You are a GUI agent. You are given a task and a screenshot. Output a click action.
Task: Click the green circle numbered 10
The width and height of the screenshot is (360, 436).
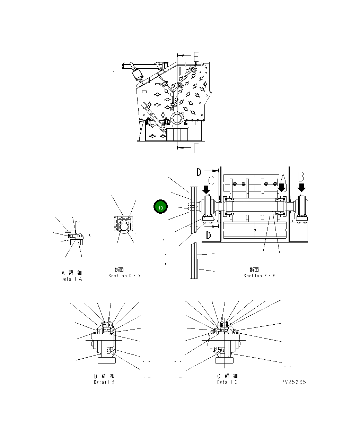[160, 207]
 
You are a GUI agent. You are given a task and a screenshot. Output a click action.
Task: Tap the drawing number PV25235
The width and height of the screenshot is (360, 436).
[293, 382]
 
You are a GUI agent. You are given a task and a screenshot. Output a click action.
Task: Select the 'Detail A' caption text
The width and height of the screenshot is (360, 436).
[72, 279]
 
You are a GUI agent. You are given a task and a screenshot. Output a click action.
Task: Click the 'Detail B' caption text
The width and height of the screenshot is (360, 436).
[104, 382]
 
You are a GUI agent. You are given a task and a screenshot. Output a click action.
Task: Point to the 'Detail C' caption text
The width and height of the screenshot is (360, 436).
[227, 382]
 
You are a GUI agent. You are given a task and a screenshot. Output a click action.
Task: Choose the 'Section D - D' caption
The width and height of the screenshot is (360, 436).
[124, 275]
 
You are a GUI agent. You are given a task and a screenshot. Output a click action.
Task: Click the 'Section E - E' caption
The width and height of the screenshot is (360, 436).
[259, 275]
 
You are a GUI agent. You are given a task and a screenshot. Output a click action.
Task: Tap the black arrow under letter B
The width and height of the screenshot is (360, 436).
[301, 188]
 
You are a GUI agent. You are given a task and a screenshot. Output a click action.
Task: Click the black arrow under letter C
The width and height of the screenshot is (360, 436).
[206, 189]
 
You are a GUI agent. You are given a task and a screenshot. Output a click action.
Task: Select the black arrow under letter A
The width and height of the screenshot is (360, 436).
[282, 188]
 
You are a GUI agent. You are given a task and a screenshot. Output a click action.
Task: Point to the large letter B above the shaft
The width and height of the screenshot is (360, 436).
[301, 177]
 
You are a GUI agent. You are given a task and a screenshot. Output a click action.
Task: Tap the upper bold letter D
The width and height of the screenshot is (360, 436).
[199, 172]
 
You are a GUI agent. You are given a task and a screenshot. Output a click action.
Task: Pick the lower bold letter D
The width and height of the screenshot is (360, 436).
[208, 236]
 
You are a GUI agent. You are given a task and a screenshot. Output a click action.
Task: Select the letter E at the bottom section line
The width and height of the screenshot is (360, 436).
[196, 149]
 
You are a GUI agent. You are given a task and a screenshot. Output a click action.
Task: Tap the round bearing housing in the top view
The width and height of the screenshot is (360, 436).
[177, 119]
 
